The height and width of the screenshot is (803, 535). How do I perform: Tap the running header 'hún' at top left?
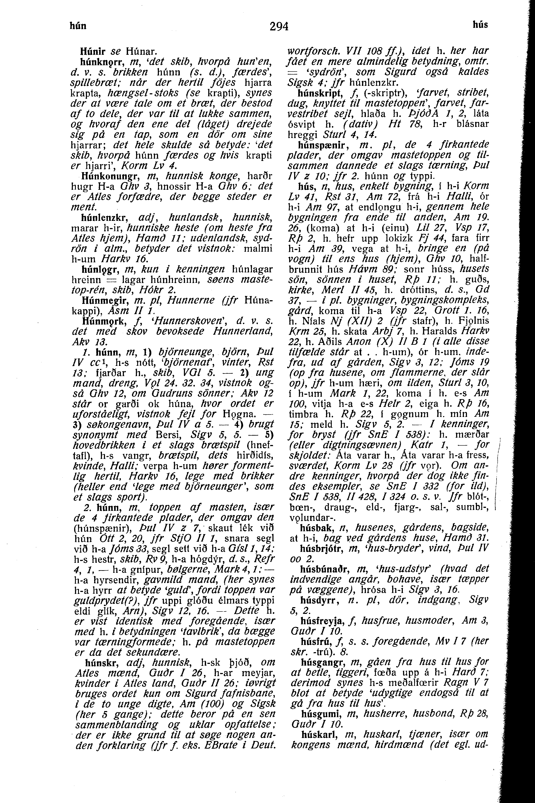tap(78, 26)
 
